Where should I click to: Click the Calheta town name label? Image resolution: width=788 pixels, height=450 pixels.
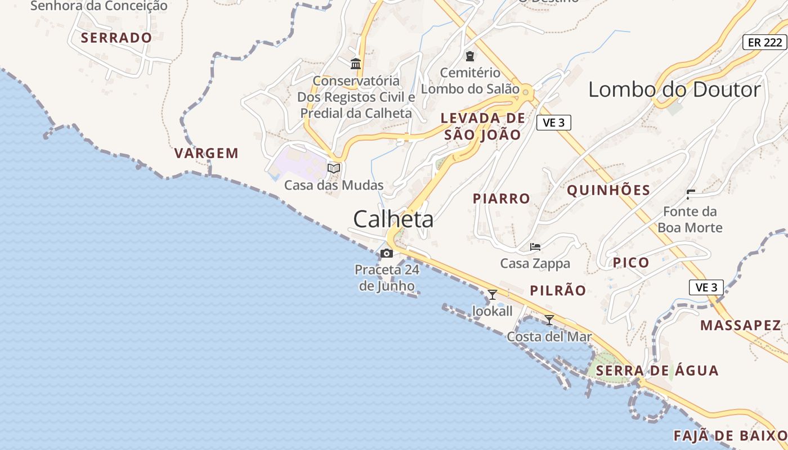coord(393,219)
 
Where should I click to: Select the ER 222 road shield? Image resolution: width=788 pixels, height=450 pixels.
coord(764,42)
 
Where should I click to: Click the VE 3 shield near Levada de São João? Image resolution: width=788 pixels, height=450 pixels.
coord(553,123)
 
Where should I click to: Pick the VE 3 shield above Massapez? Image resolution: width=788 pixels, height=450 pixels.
coord(706,287)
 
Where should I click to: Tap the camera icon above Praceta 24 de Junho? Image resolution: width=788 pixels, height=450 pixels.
coord(386,253)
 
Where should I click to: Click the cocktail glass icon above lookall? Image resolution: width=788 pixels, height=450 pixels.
coord(492,294)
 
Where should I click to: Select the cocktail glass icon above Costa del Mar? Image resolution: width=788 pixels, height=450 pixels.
coord(549,320)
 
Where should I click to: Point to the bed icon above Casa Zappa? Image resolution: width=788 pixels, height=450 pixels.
coord(535,246)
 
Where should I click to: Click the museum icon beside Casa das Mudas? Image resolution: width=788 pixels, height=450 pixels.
coord(334,168)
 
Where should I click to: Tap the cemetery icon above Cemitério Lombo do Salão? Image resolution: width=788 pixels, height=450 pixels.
coord(469,56)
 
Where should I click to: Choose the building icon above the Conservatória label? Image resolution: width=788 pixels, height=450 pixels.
coord(356,64)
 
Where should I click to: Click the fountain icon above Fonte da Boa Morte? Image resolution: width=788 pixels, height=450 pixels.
coord(691,195)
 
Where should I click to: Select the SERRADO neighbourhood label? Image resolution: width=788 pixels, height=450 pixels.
coord(117,38)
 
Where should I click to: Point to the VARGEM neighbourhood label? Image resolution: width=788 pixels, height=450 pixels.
coord(207,153)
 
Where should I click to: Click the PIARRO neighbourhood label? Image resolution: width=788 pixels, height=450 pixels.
coord(502,199)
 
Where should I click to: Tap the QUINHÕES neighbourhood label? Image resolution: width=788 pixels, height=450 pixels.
coord(608,190)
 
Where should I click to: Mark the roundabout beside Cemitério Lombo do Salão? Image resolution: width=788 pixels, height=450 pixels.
coord(526,91)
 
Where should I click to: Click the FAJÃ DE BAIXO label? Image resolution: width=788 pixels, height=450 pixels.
coord(730,436)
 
